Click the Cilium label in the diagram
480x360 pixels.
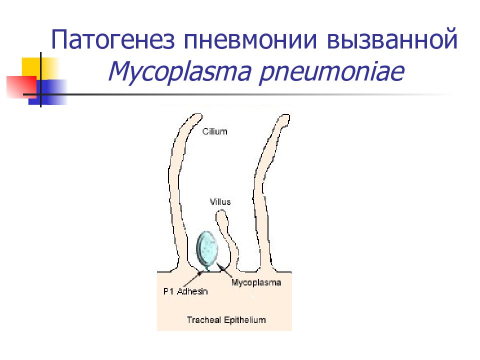[x=214, y=131]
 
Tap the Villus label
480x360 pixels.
[x=220, y=202]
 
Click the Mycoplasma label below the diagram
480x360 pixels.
[x=256, y=282]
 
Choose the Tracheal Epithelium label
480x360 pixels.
[x=226, y=319]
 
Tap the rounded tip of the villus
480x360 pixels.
[x=221, y=216]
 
